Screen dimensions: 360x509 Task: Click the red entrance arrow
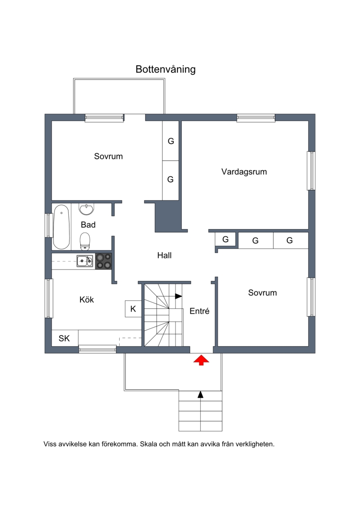click(x=201, y=360)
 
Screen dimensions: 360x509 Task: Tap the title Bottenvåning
click(x=166, y=69)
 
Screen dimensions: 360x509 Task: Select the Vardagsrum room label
click(x=244, y=172)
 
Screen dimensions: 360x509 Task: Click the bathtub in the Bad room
click(x=61, y=227)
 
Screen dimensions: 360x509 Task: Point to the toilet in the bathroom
click(x=85, y=241)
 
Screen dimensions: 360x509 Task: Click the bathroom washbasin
click(x=86, y=209)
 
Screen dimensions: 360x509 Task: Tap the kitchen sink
click(x=85, y=261)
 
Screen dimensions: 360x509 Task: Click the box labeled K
click(x=133, y=309)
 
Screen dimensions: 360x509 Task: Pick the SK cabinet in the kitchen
click(x=65, y=338)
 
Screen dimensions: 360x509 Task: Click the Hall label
click(x=164, y=256)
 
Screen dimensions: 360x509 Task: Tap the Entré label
click(x=199, y=311)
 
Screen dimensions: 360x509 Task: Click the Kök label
click(x=87, y=299)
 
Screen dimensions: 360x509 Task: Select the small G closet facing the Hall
click(x=225, y=239)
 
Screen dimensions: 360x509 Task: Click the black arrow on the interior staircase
click(x=178, y=296)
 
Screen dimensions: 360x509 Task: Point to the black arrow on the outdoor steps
click(x=201, y=394)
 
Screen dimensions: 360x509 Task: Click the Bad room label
click(x=88, y=225)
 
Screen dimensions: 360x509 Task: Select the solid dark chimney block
click(x=167, y=216)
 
